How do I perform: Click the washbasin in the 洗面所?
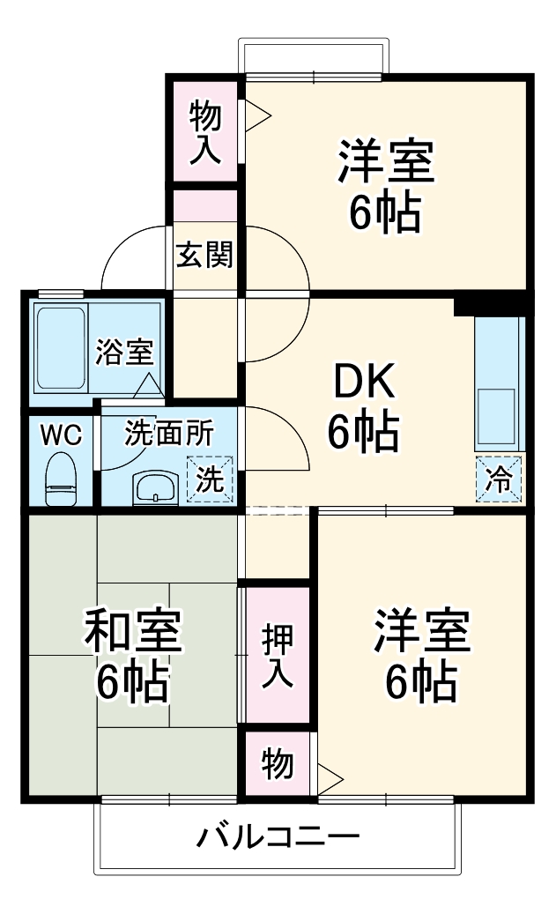point(156,487)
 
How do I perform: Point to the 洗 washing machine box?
point(210,479)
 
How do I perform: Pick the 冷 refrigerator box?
point(499,480)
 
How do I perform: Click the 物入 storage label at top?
point(204,130)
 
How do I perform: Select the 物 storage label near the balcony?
point(277,763)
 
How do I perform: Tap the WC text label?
point(62,434)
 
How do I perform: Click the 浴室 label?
point(124,351)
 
